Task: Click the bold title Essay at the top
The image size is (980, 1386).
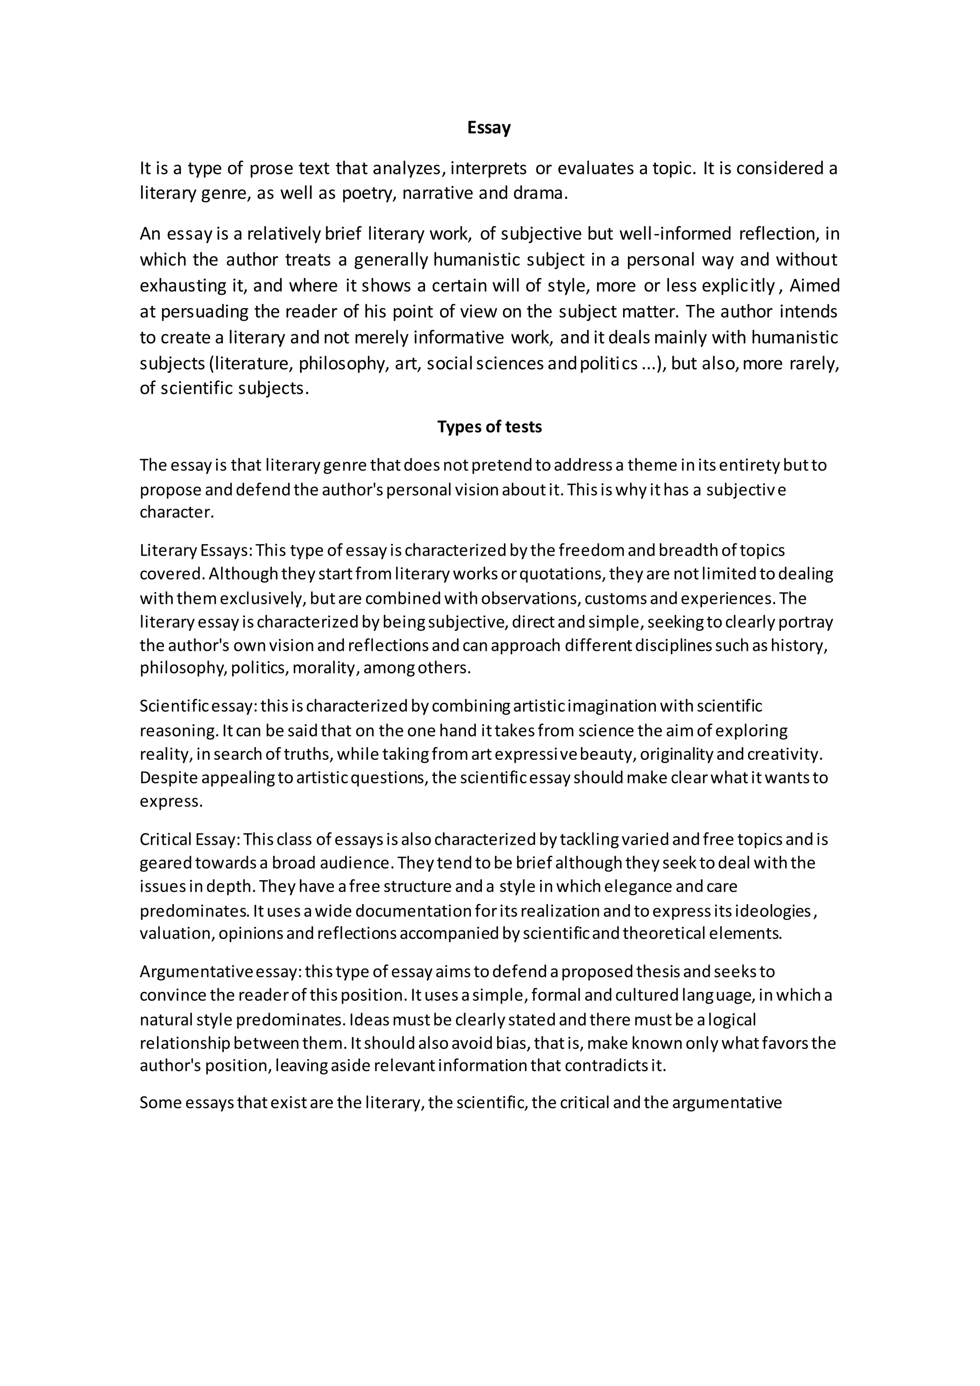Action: pos(489,128)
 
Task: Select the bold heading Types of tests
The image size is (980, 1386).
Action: pos(490,427)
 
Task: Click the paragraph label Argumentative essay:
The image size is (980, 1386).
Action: pos(220,972)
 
